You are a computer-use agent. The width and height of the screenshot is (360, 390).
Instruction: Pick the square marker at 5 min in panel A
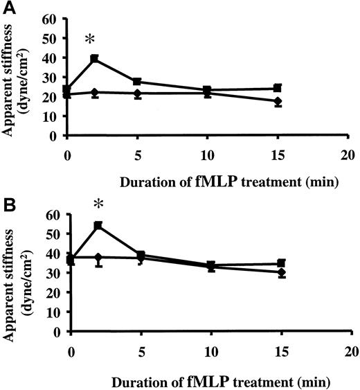coord(138,82)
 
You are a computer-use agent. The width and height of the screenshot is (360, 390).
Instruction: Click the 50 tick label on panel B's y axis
coord(53,233)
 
